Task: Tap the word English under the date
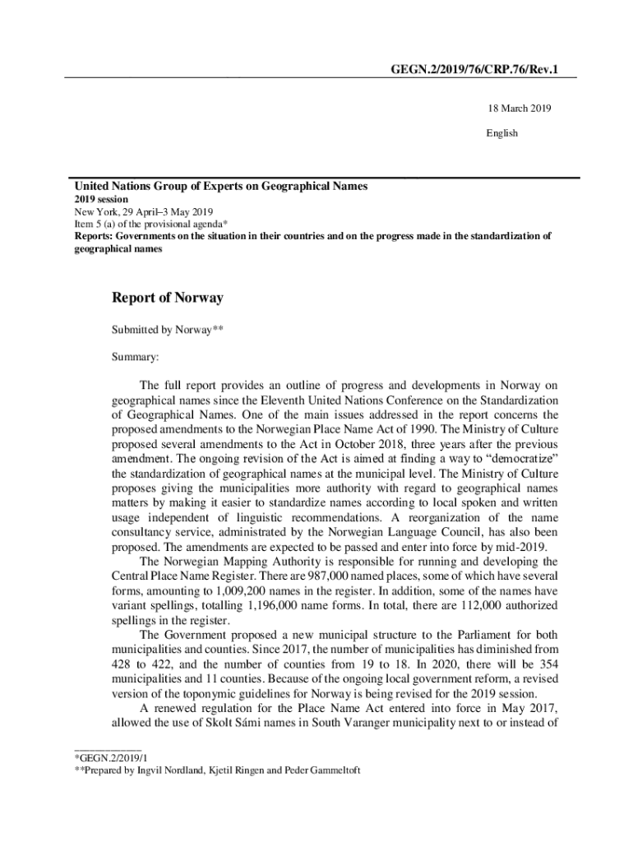pyautogui.click(x=502, y=133)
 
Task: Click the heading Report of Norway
pyautogui.click(x=168, y=298)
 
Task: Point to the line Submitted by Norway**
pyautogui.click(x=168, y=331)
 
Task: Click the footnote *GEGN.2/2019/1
pyautogui.click(x=111, y=756)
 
